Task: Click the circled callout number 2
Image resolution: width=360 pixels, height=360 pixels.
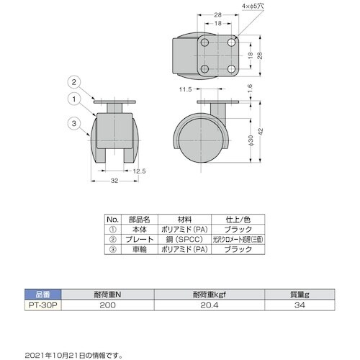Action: pos(74,82)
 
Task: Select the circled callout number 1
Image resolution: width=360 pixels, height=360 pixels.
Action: pos(74,99)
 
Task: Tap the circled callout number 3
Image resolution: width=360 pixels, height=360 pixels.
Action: pos(74,123)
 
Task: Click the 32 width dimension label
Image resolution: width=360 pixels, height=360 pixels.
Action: pos(114,181)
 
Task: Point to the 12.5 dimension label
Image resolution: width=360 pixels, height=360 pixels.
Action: pos(139,171)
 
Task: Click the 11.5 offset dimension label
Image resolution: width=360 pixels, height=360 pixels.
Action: pos(186,89)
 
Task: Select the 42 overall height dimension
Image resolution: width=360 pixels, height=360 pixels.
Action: pos(261,132)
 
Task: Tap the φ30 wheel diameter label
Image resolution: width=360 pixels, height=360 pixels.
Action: pos(251,140)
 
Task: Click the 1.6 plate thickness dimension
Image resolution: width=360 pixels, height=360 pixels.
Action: pos(250,89)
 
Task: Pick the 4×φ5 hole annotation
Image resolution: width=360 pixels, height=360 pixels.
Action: pos(253,6)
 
